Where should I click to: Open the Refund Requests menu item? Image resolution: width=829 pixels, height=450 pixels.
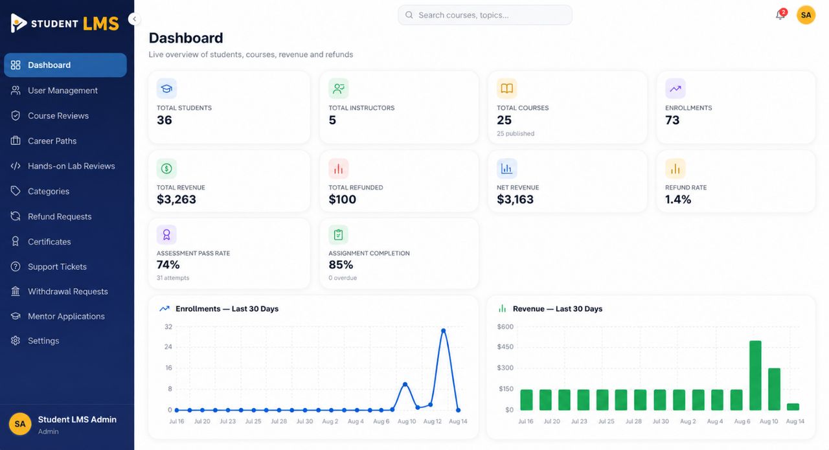point(59,216)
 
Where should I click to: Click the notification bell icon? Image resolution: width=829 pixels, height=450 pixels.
point(780,15)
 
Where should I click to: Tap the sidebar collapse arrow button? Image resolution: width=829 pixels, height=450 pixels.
point(134,19)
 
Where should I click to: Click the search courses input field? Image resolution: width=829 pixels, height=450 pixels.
point(485,15)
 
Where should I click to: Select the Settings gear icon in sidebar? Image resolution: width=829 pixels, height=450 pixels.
point(16,341)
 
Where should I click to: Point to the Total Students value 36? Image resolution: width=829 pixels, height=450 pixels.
point(165,120)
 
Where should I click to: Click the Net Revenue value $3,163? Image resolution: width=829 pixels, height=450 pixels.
point(515,199)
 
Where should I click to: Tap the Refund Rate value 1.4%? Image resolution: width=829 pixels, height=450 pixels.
point(678,199)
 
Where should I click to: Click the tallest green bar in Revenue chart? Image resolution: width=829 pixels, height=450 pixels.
point(755,376)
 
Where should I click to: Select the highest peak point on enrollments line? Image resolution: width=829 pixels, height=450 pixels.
point(444,330)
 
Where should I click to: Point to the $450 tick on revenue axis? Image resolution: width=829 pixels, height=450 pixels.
point(505,347)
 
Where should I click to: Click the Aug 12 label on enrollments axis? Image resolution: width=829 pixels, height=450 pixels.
point(432,421)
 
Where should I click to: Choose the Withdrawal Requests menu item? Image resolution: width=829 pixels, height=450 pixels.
point(68,291)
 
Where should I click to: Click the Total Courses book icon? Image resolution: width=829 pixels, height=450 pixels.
point(506,89)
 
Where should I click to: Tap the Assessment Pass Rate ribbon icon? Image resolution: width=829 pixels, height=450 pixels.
point(166,234)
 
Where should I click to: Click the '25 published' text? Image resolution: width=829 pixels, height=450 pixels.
point(516,133)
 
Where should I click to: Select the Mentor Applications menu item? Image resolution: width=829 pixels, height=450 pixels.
point(66,317)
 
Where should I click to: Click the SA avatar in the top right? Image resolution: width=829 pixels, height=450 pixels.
point(806,15)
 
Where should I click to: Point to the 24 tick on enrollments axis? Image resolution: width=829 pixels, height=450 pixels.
point(168,347)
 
